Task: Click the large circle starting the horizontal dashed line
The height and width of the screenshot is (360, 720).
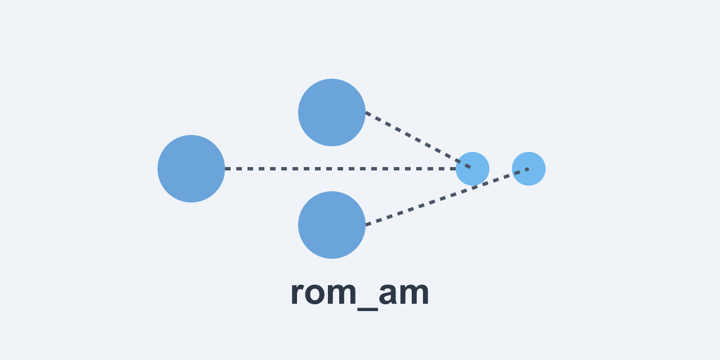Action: click(191, 169)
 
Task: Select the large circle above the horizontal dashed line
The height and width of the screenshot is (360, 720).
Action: click(332, 112)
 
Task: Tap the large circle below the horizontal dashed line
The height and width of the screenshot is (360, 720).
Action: click(332, 225)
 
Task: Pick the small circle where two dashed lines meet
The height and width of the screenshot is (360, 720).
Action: click(472, 169)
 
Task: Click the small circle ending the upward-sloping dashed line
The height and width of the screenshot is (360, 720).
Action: click(529, 169)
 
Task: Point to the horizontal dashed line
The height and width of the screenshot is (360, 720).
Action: click(337, 169)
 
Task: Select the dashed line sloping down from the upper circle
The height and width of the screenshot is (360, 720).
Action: click(419, 141)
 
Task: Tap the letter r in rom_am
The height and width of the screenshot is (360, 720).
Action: click(298, 294)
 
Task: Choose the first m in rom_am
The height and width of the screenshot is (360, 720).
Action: click(345, 294)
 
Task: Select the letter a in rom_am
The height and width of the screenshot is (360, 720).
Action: click(389, 294)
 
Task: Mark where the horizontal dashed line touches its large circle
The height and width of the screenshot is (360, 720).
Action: click(225, 169)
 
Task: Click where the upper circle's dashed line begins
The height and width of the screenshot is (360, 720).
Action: click(366, 112)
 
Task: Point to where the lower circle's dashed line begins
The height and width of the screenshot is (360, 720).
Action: click(366, 225)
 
